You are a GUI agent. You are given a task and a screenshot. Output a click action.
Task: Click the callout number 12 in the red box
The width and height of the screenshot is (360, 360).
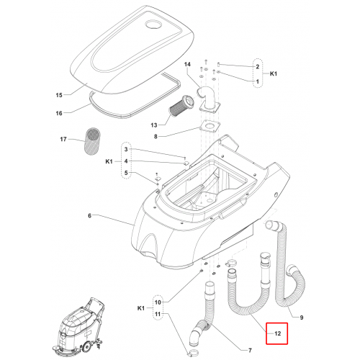[278, 333]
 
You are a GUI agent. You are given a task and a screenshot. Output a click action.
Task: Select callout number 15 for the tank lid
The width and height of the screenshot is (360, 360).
[59, 95]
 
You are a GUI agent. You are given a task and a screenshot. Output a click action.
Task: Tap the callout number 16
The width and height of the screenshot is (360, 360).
[59, 113]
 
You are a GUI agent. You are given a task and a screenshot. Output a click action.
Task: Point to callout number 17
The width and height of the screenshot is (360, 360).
[63, 139]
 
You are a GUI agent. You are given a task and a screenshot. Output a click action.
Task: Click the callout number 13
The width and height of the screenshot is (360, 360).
[154, 125]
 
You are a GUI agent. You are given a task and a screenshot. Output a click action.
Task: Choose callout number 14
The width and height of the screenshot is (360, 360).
[187, 64]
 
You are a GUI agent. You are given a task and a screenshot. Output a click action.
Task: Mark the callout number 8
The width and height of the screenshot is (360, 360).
[156, 137]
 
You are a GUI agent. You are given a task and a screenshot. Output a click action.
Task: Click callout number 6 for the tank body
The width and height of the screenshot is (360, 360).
[89, 216]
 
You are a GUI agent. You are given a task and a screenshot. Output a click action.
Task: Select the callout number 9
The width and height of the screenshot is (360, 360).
[302, 318]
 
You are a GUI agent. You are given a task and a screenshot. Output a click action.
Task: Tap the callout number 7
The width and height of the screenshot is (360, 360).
[250, 351]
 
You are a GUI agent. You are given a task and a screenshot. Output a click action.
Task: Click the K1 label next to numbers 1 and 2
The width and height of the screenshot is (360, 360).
[274, 73]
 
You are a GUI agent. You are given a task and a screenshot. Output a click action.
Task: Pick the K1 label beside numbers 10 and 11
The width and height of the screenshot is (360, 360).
[141, 308]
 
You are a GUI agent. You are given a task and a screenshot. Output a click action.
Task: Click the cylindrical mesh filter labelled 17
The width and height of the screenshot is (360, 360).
[93, 141]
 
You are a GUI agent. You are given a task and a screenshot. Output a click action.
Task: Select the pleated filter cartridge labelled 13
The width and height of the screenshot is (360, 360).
[180, 106]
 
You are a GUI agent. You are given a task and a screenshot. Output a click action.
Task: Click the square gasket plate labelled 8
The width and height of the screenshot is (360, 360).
[210, 126]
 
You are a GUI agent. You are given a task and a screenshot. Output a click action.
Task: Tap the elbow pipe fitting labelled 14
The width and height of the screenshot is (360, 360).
[208, 99]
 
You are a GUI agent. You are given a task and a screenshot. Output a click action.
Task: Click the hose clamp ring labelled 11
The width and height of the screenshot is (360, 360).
[193, 353]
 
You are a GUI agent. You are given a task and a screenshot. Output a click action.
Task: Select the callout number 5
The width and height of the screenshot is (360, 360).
[126, 173]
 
